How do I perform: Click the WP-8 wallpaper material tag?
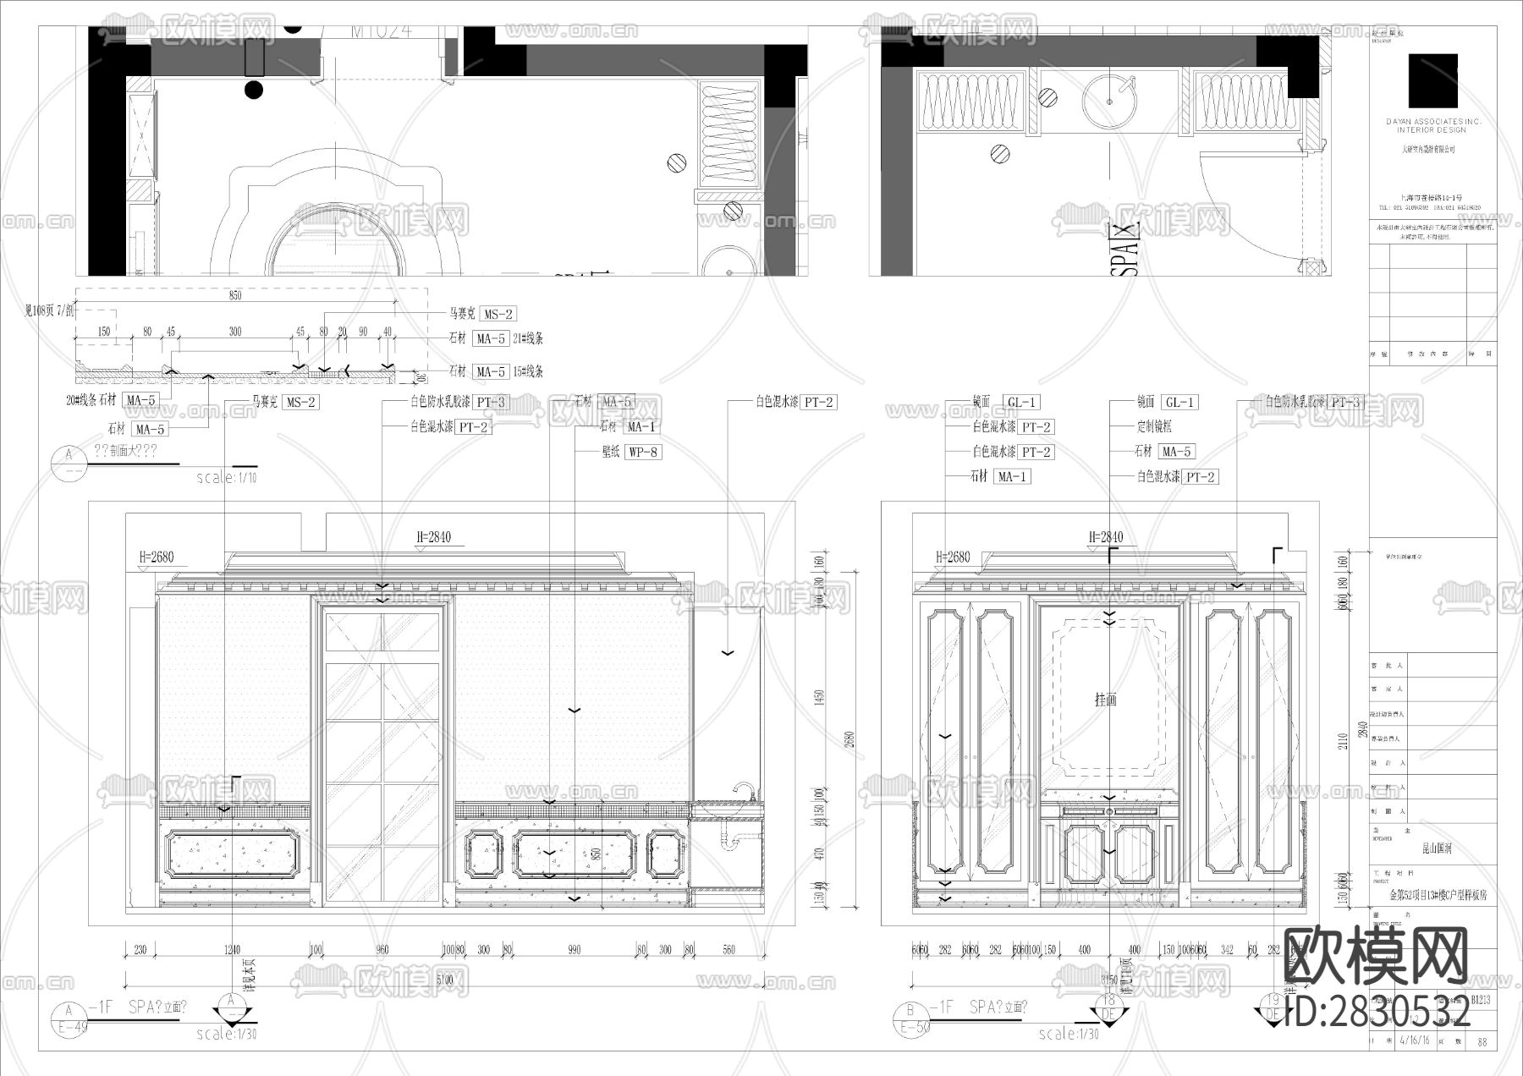(x=642, y=452)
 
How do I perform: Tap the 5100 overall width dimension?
(x=445, y=980)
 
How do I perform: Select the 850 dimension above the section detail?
(x=235, y=295)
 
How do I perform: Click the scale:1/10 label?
(x=227, y=478)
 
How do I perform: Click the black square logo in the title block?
(x=1432, y=80)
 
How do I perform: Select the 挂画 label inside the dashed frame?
(x=1106, y=700)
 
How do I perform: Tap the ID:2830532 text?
(x=1377, y=1013)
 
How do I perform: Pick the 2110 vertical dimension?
(x=1341, y=741)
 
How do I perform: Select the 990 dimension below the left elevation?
(x=575, y=950)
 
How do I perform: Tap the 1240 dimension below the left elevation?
(x=232, y=950)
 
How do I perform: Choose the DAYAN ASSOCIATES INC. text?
(x=1432, y=122)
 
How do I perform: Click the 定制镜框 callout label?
(x=1154, y=427)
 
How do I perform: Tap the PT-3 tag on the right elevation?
(x=1344, y=403)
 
